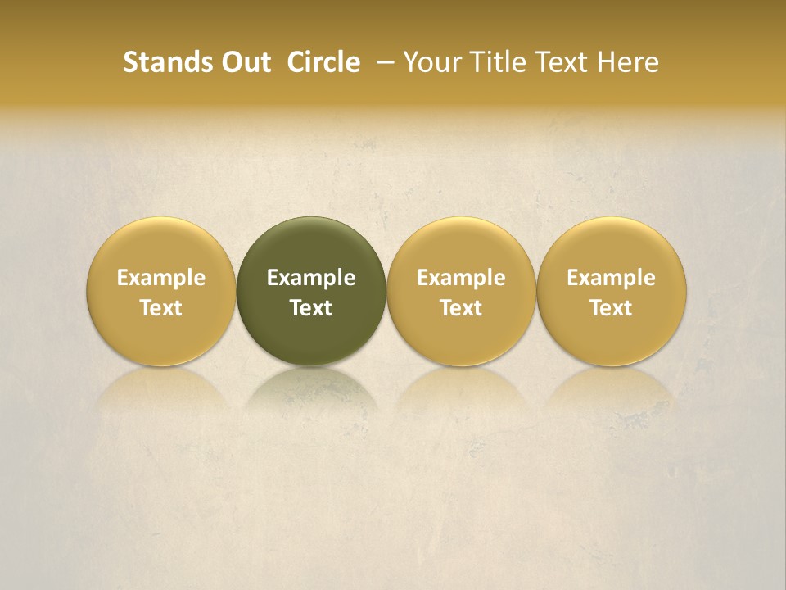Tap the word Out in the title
(x=245, y=62)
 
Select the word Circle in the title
(x=323, y=62)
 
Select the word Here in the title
(x=627, y=62)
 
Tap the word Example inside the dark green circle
(x=311, y=278)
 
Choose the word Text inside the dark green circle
(x=311, y=308)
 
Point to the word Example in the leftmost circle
(x=160, y=278)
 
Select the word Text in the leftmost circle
(x=160, y=308)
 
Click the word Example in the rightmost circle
(x=612, y=278)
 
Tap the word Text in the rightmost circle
(x=612, y=308)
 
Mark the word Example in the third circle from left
(x=461, y=278)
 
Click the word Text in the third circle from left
(x=461, y=308)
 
